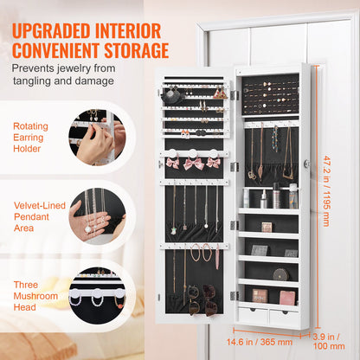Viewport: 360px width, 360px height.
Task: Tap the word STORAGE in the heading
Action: point(130,50)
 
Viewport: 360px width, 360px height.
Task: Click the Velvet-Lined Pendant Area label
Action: point(37,215)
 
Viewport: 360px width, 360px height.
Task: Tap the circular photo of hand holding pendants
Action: point(97,216)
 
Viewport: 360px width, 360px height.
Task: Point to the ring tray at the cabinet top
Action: point(270,94)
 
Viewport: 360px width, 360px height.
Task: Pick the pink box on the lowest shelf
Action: point(286,298)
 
